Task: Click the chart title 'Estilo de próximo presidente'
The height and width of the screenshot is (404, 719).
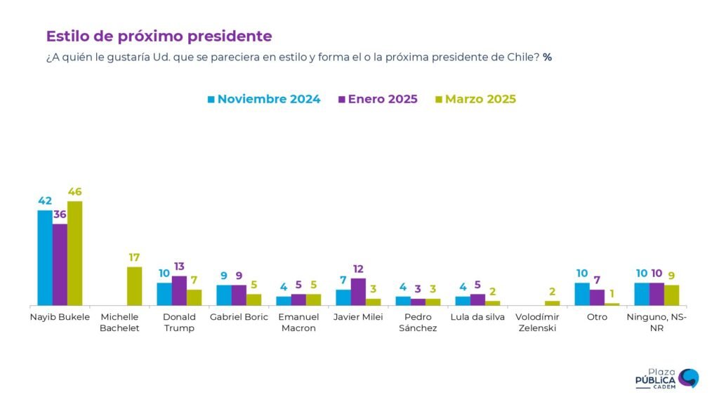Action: click(x=159, y=36)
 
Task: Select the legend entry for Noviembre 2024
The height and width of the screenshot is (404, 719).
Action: click(x=263, y=99)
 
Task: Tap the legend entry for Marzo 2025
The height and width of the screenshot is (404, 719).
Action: click(x=475, y=99)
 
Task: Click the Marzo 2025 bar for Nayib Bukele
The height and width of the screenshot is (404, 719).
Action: click(x=74, y=253)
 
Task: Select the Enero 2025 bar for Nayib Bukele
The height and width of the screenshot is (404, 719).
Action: click(x=60, y=264)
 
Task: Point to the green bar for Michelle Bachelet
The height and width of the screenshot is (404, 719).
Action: click(x=134, y=286)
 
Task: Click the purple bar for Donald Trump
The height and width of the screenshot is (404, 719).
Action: click(x=179, y=290)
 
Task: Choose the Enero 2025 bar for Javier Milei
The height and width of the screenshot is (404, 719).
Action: click(x=358, y=292)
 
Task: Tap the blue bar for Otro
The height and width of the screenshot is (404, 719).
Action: click(x=582, y=294)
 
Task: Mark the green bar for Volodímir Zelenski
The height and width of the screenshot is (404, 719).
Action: click(x=553, y=303)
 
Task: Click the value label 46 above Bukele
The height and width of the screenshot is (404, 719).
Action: click(x=74, y=191)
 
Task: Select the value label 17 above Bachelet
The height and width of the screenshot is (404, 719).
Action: click(x=134, y=257)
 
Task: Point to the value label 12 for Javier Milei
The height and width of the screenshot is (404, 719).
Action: click(x=358, y=269)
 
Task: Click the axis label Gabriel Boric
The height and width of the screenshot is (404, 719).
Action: click(x=239, y=317)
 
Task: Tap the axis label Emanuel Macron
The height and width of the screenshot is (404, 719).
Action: click(x=298, y=323)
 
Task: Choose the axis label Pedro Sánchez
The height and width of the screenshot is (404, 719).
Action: click(x=418, y=323)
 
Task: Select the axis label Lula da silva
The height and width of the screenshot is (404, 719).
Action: click(x=477, y=317)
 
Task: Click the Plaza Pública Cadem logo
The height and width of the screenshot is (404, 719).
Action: click(x=666, y=379)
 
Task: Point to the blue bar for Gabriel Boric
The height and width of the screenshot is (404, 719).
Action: click(x=224, y=295)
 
